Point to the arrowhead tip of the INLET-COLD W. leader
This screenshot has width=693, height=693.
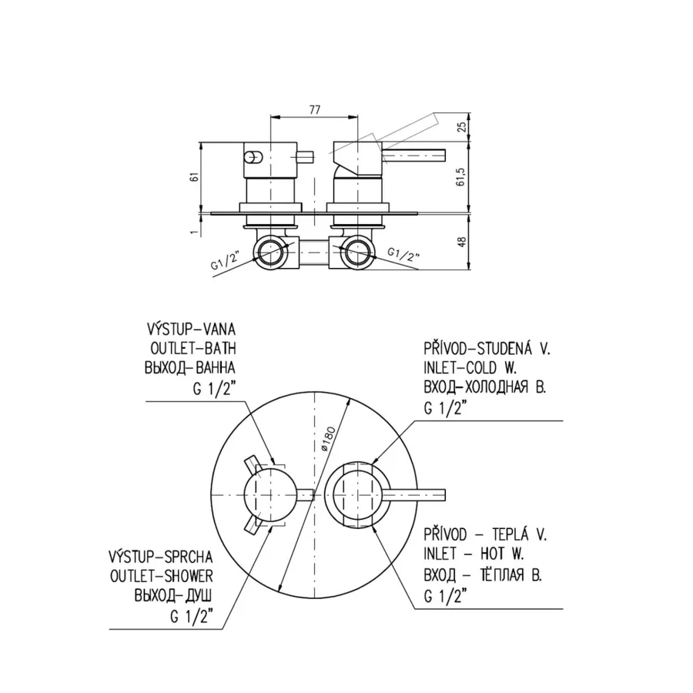tap(372, 464)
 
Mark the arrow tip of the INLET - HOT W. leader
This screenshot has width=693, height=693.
tap(372, 525)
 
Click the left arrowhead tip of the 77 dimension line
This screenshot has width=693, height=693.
tap(270, 117)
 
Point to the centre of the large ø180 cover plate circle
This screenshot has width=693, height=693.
tap(313, 495)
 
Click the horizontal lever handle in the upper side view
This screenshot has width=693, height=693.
tap(413, 156)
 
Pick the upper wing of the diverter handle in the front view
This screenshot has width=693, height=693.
tap(253, 464)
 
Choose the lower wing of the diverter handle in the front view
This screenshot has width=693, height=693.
tap(253, 525)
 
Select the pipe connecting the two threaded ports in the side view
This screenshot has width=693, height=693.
tap(314, 253)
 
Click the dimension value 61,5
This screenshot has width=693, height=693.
tap(461, 176)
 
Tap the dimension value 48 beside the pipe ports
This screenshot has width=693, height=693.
tap(461, 243)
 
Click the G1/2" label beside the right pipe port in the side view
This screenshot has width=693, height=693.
tap(403, 254)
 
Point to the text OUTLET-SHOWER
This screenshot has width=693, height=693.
tap(162, 576)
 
